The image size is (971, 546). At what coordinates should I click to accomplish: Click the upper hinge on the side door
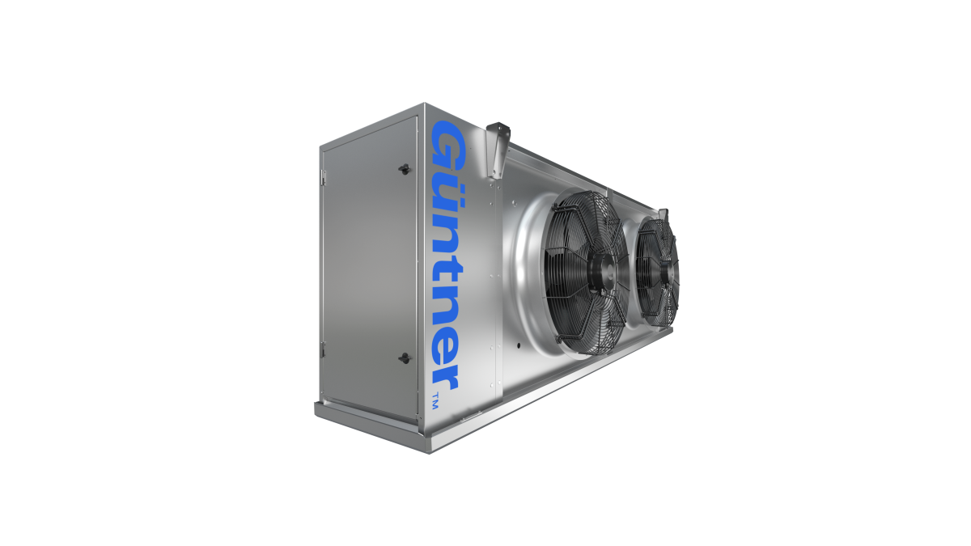point(323,174)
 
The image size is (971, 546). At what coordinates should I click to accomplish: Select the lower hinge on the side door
point(323,349)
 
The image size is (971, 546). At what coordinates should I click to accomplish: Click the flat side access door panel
point(364,267)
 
